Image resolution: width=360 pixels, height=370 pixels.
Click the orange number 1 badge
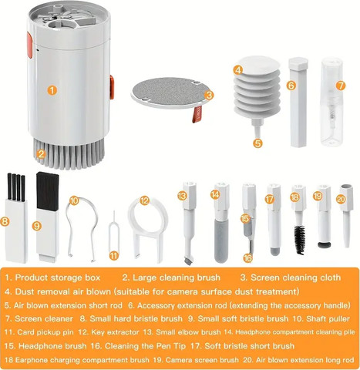(x=52, y=90)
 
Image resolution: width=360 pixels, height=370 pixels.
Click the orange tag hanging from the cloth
(x=197, y=115)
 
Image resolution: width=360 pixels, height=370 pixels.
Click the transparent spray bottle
(x=331, y=102)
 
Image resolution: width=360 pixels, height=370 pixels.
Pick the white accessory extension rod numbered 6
(x=298, y=103)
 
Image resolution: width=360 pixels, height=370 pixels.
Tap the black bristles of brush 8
(x=16, y=187)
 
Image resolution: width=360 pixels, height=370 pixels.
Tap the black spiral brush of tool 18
(x=299, y=240)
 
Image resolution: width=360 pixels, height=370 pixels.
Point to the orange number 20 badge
(x=341, y=199)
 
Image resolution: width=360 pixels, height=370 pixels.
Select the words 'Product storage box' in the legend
(x=58, y=277)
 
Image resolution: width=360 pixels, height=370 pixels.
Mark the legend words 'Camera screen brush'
(x=202, y=360)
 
